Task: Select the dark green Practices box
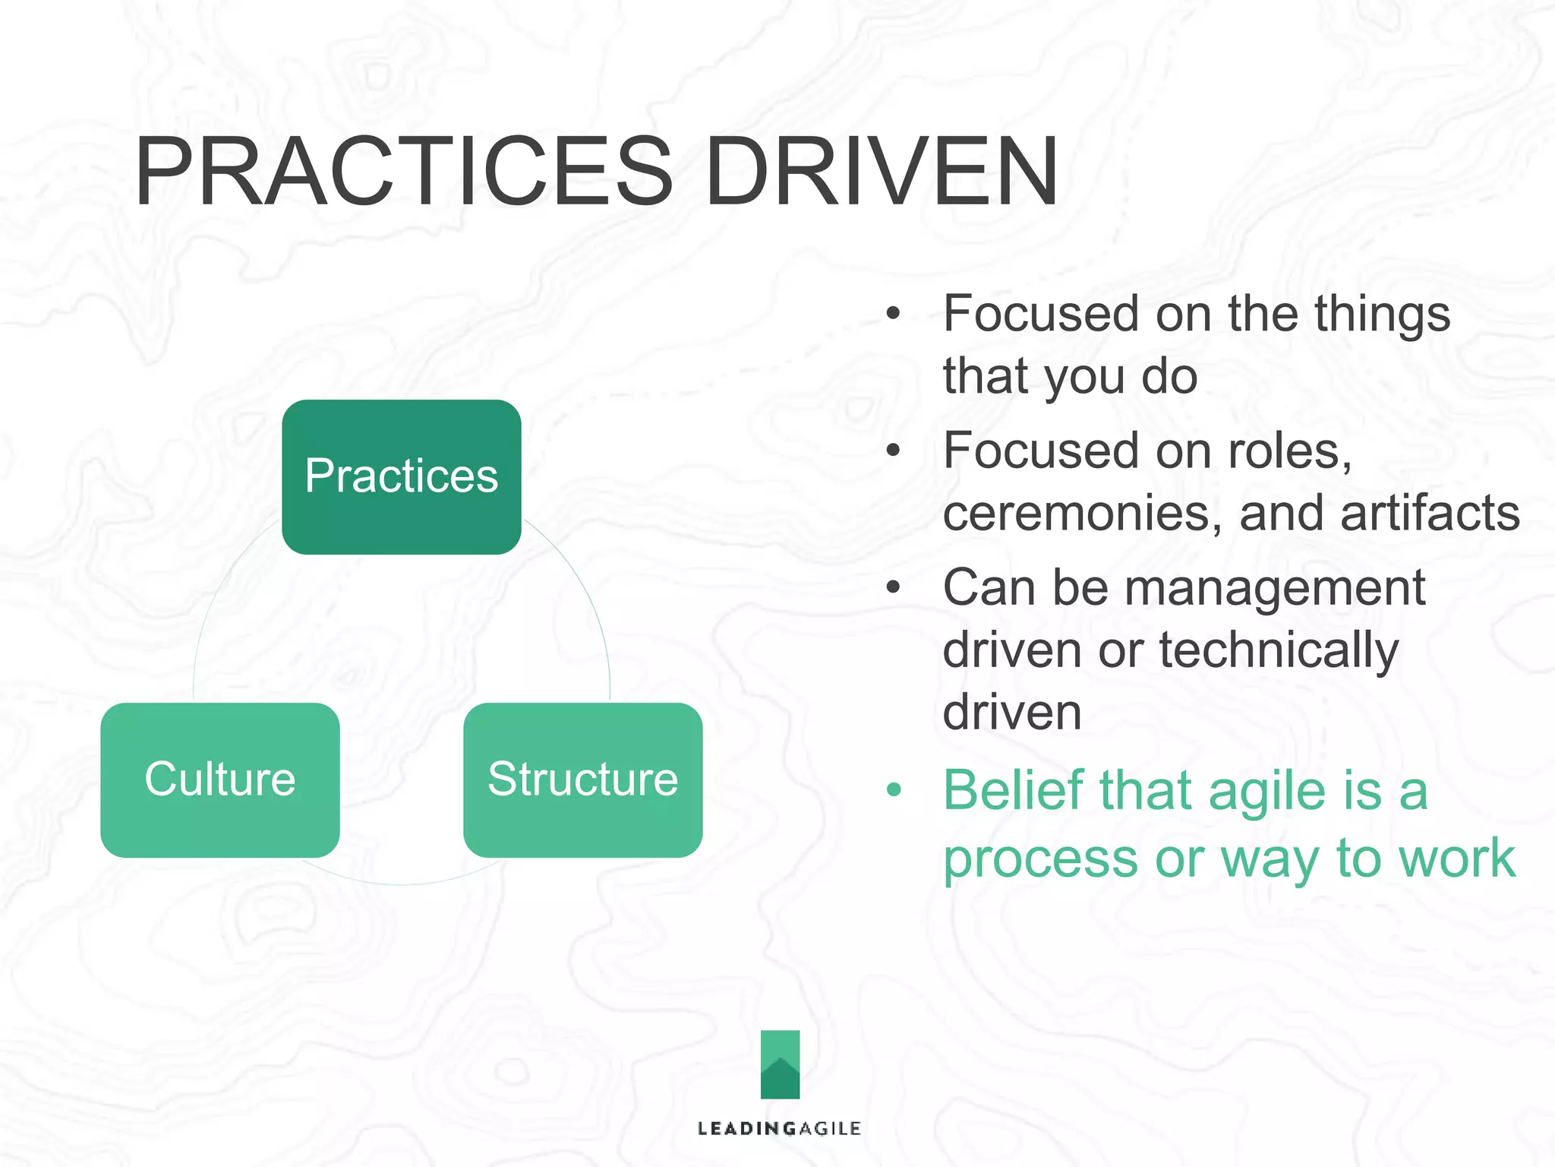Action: click(401, 476)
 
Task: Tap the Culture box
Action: click(219, 780)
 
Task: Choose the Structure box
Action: click(582, 780)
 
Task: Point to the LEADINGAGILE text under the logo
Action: click(779, 1128)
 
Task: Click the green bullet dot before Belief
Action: click(894, 790)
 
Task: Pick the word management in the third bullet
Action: click(1275, 588)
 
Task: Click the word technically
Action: click(1279, 652)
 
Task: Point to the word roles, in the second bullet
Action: click(1290, 451)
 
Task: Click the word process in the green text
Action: click(1040, 859)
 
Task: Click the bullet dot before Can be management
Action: click(894, 587)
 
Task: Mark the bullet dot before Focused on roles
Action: click(894, 451)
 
